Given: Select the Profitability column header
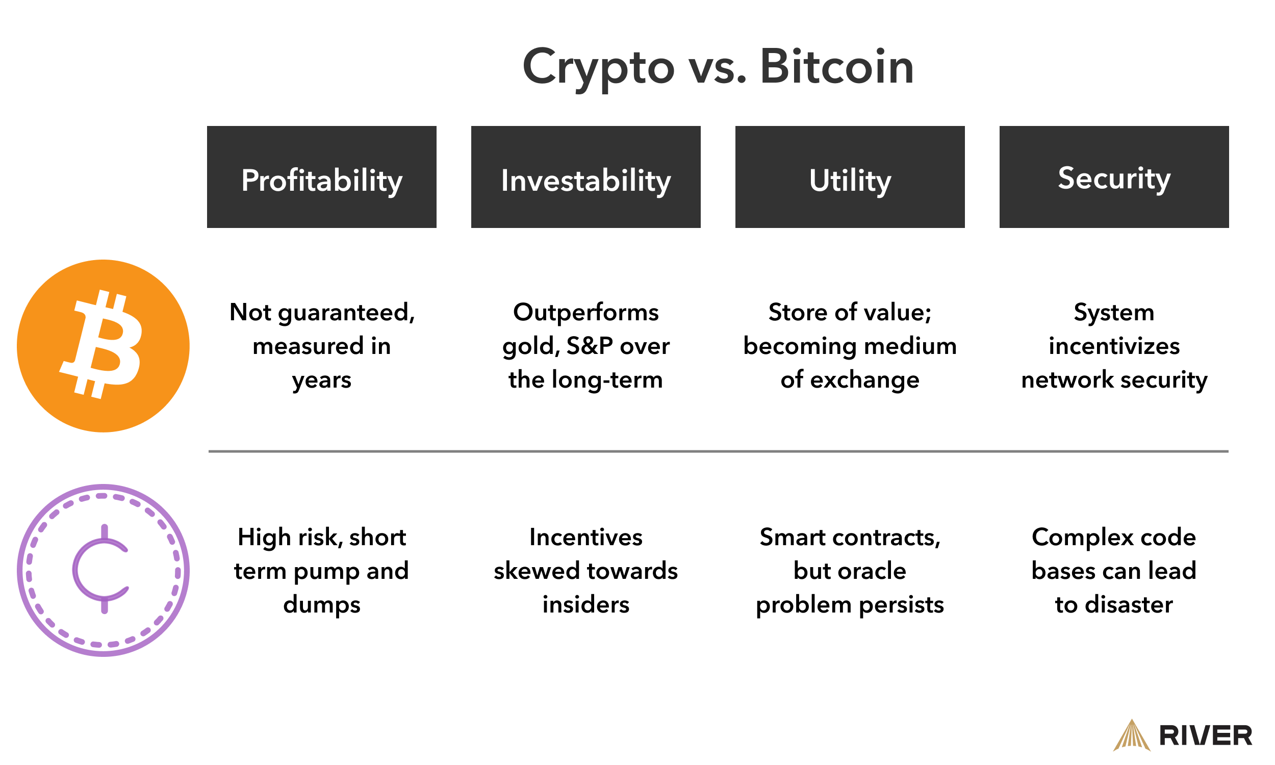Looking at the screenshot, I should pos(322,177).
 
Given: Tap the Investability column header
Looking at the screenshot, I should pos(585,177).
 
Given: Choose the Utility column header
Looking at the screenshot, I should pos(850,177).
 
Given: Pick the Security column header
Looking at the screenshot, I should pos(1114,177).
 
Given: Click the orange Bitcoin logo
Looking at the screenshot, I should pos(103,346).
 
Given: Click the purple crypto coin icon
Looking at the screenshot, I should pos(103,570).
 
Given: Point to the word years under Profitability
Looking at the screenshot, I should pos(322,380).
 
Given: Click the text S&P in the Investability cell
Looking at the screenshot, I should pos(590,346).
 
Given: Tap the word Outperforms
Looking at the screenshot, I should pos(585,313).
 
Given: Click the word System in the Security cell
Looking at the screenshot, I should pos(1114,313).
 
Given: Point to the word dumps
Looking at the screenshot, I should pos(322,605).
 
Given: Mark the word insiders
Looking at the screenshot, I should pos(585,605).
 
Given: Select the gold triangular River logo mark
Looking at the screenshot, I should pos(1131,736).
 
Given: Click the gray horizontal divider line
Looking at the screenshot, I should pos(718,451).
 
